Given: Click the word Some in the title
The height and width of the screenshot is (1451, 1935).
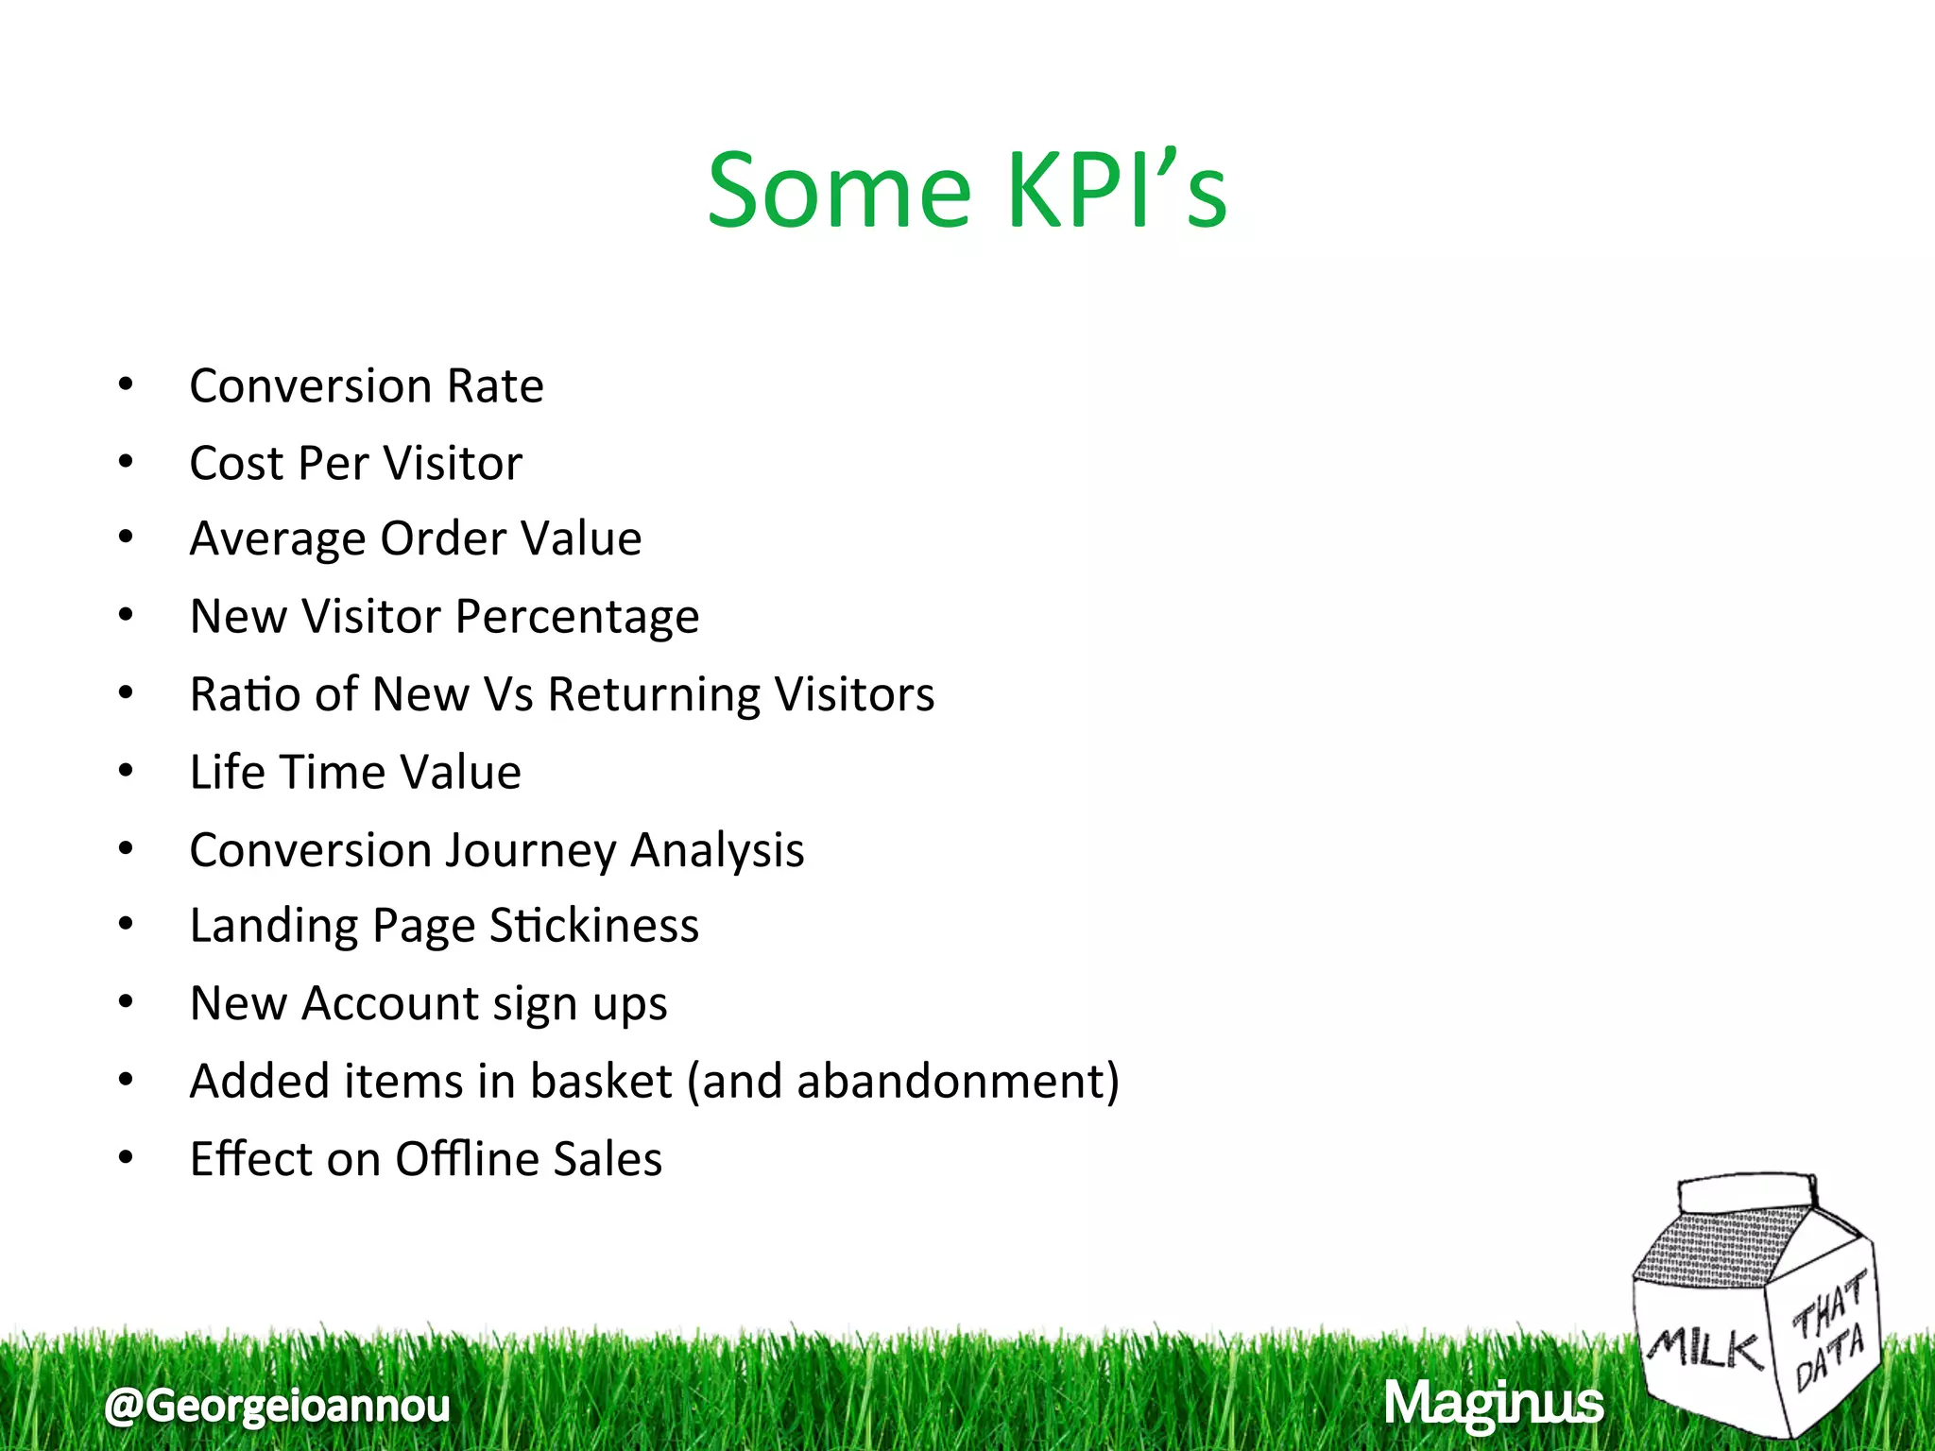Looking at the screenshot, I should [839, 192].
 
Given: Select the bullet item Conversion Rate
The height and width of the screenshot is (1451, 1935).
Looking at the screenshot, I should [367, 386].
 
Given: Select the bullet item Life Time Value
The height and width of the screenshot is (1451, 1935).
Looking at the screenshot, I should [355, 773].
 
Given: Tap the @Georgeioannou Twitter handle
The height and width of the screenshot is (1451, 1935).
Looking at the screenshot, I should [278, 1406].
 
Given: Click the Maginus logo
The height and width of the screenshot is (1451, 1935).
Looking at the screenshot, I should [1494, 1404].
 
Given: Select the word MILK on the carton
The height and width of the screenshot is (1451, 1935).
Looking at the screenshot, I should [1706, 1347].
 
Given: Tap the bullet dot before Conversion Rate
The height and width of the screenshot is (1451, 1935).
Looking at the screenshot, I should [126, 384].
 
